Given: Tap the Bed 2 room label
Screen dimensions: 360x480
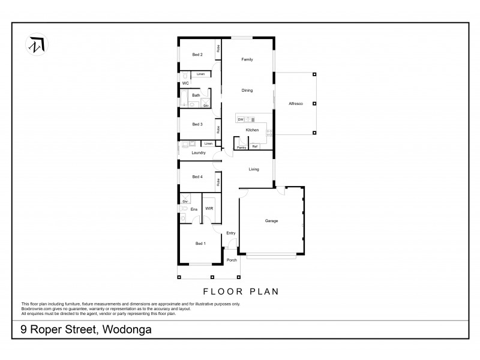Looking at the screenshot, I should [197, 55].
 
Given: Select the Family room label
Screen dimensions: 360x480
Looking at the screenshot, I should [247, 59].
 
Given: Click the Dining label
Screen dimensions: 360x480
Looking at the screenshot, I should [247, 91].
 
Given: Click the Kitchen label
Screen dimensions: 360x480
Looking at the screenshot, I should [252, 130].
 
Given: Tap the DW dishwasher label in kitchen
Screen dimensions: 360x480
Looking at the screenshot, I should [240, 119].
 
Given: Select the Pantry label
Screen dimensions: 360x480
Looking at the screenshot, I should [241, 147].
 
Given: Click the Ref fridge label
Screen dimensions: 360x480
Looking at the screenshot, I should [255, 147].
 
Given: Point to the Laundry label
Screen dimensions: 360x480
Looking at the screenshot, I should [199, 153].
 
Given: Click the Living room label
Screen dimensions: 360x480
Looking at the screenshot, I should [254, 169].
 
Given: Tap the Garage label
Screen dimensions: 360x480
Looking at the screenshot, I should [272, 221].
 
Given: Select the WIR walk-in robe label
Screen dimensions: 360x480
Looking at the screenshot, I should [209, 208].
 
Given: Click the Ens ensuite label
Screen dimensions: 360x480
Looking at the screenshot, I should [194, 209].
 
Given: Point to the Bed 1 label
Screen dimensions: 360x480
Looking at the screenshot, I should [200, 243].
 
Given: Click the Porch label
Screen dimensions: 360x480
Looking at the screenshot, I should [232, 260].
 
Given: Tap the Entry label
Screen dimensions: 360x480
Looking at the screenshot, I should [231, 233].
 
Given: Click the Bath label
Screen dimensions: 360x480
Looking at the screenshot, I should [196, 95].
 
